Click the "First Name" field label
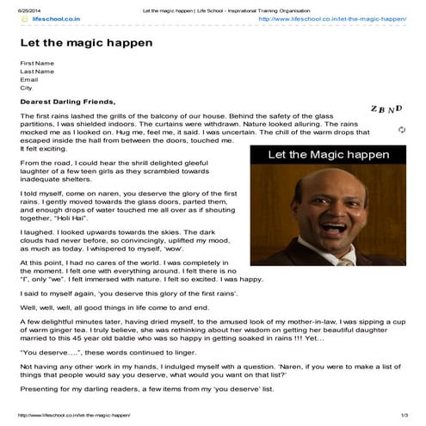pos(38,63)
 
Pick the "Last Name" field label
pos(38,71)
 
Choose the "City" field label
pos(26,88)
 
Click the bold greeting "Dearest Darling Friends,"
pos(66,102)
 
